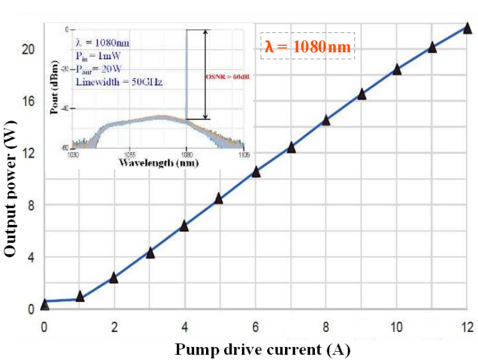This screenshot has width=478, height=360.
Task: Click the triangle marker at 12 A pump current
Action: [467, 28]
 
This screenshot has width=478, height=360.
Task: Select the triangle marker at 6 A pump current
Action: [255, 172]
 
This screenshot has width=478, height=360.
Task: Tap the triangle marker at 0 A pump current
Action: [44, 304]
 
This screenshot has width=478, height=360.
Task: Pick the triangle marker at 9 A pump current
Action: [361, 95]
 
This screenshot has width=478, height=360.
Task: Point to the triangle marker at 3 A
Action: [150, 253]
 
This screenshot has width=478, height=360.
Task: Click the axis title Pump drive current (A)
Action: [263, 348]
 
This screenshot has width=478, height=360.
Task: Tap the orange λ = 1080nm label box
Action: [307, 47]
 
